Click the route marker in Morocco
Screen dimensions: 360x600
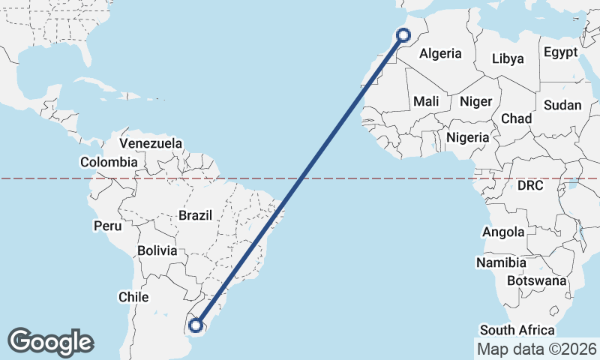(x=403, y=34)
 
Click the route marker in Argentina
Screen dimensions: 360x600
(x=196, y=325)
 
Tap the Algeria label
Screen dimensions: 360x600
(x=440, y=53)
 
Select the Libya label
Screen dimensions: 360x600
(x=508, y=58)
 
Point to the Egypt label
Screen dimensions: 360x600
(x=561, y=52)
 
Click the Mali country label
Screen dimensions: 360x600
(x=426, y=101)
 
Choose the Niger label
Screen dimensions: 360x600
(x=475, y=101)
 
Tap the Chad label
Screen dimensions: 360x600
(x=516, y=118)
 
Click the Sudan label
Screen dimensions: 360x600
(x=562, y=105)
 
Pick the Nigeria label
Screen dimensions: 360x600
(x=467, y=137)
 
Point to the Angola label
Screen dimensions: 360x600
(x=503, y=232)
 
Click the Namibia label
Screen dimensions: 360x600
(x=501, y=262)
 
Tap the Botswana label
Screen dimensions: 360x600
(x=536, y=280)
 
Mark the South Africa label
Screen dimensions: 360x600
(x=517, y=330)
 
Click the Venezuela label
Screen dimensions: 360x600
(x=151, y=142)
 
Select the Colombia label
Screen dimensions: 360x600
(x=109, y=162)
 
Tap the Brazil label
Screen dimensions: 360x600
(x=195, y=215)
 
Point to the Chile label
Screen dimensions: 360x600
(x=133, y=297)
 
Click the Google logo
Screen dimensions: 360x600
(x=50, y=342)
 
